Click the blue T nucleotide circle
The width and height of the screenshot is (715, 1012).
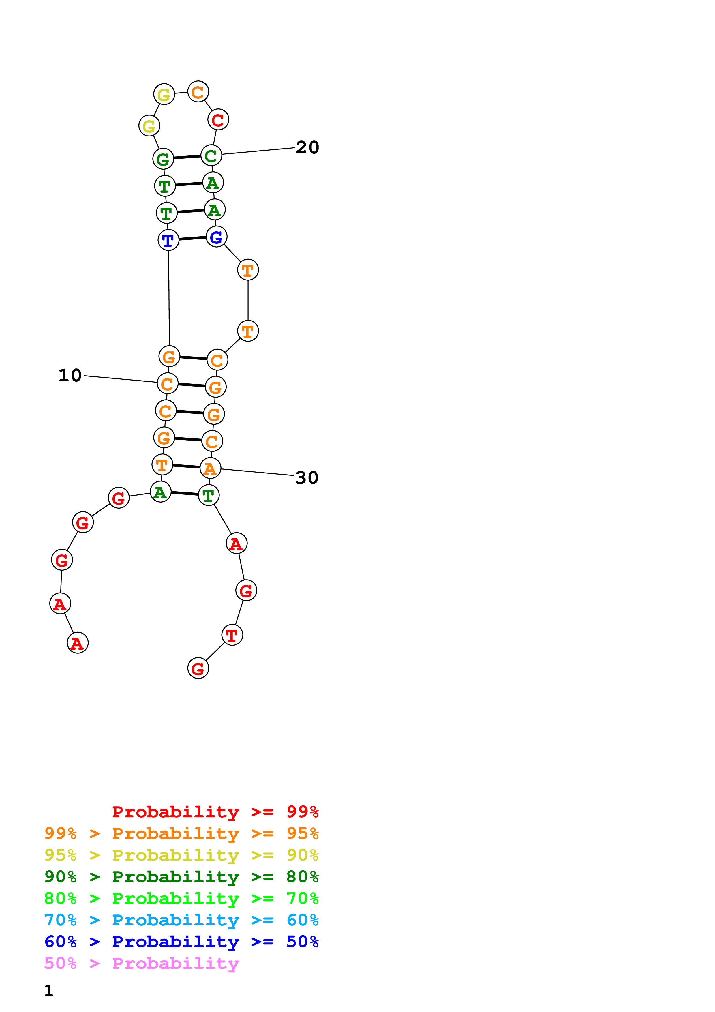168,240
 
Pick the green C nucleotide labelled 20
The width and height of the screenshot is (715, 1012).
211,155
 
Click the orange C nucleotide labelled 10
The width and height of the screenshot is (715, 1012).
167,383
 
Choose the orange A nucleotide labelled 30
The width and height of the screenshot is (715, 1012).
210,468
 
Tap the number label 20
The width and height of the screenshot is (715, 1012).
307,147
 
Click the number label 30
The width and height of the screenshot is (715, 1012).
307,477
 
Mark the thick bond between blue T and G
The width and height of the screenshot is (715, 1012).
192,239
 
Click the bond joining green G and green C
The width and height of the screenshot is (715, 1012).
187,157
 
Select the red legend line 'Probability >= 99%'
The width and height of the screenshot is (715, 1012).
215,812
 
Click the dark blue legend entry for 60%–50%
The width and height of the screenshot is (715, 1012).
181,942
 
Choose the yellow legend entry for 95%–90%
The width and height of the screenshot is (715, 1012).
181,855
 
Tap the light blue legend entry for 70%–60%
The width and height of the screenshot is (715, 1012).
181,920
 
